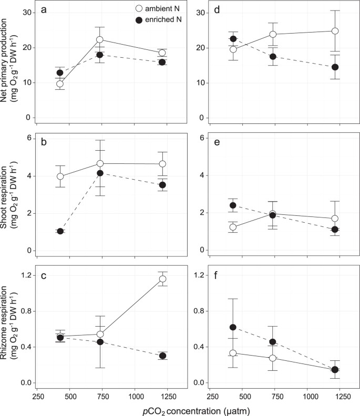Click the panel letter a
coord(46,12)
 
